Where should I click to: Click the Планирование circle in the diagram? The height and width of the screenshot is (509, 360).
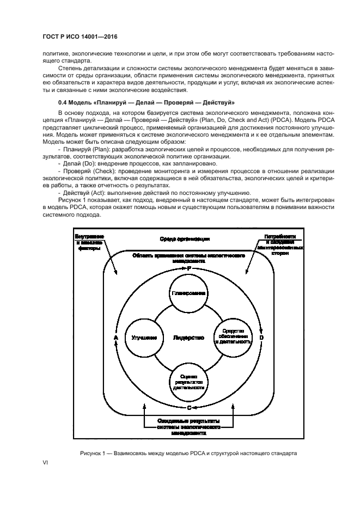[188, 293]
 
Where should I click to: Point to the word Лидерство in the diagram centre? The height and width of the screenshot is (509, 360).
[188, 338]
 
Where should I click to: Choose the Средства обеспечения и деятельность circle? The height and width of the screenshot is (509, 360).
[233, 338]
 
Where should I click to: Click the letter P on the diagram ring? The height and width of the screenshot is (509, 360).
[188, 268]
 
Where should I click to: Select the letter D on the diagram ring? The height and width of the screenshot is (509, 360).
[261, 338]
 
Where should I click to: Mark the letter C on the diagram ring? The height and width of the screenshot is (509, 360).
[188, 407]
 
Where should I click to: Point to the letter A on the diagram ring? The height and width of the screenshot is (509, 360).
[115, 338]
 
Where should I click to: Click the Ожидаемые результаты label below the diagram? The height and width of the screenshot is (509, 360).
[188, 427]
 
